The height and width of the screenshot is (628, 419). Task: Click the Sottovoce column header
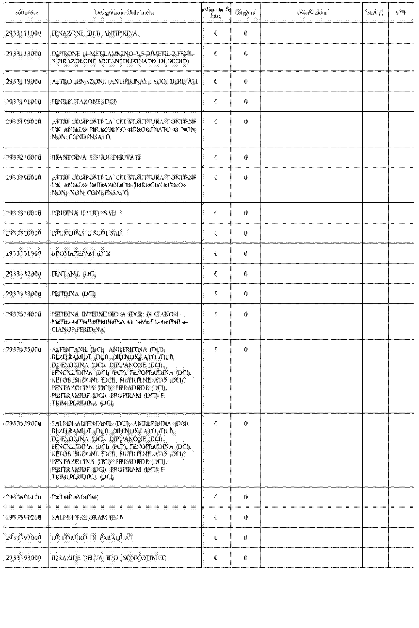pyautogui.click(x=26, y=13)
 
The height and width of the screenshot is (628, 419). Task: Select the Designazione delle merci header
pyautogui.click(x=125, y=13)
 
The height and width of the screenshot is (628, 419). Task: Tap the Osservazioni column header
pyautogui.click(x=311, y=13)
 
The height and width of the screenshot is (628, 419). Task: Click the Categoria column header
pyautogui.click(x=246, y=13)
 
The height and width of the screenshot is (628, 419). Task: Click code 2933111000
pyautogui.click(x=24, y=34)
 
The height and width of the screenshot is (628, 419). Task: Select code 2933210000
pyautogui.click(x=24, y=157)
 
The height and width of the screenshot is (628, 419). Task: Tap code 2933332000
pyautogui.click(x=24, y=274)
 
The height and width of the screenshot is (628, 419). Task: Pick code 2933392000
pyautogui.click(x=24, y=538)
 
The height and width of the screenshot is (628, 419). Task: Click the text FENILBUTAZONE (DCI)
pyautogui.click(x=84, y=102)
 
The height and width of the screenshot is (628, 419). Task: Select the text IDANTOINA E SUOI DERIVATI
pyautogui.click(x=96, y=157)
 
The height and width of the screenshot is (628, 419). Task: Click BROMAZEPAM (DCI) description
pyautogui.click(x=81, y=254)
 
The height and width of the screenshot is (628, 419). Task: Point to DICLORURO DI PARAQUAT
pyautogui.click(x=92, y=538)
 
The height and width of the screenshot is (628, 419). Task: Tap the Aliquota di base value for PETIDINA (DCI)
pyautogui.click(x=216, y=294)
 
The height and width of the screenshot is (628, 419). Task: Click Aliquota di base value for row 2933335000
pyautogui.click(x=216, y=349)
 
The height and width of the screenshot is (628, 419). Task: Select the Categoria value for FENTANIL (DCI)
pyautogui.click(x=246, y=274)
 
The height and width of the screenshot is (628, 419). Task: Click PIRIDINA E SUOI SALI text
pyautogui.click(x=84, y=213)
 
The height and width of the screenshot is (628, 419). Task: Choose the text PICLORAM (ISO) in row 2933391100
pyautogui.click(x=75, y=497)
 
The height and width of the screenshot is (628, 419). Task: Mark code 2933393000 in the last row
pyautogui.click(x=24, y=558)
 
